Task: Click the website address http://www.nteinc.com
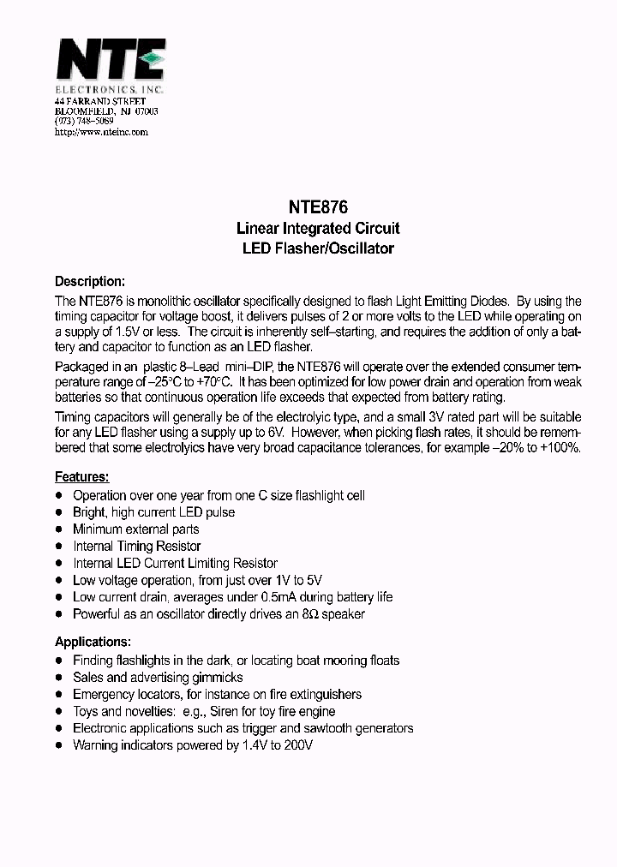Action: click(x=101, y=132)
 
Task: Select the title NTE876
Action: click(x=316, y=207)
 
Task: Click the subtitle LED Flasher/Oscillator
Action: click(x=317, y=249)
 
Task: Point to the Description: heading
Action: click(x=90, y=281)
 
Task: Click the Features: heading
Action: click(x=81, y=476)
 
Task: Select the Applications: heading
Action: click(x=93, y=641)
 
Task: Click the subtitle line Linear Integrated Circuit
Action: click(x=317, y=229)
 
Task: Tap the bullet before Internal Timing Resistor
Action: click(x=59, y=546)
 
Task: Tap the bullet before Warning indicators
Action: click(x=59, y=745)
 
